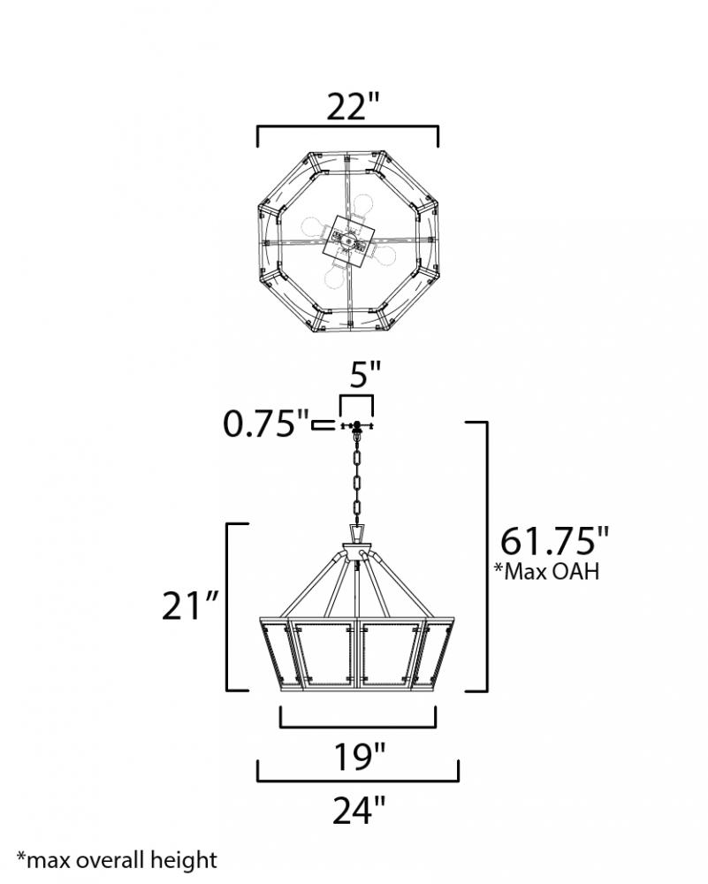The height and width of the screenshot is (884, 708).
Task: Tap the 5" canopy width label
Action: (365, 374)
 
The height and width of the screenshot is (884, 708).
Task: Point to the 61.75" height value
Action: (555, 541)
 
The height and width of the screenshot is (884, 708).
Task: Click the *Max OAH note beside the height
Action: (546, 570)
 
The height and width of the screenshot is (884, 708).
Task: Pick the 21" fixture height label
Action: (189, 606)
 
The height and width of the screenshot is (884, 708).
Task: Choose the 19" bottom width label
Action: (360, 756)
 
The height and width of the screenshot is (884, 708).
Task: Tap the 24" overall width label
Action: (359, 810)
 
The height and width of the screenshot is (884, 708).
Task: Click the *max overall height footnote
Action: (117, 860)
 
